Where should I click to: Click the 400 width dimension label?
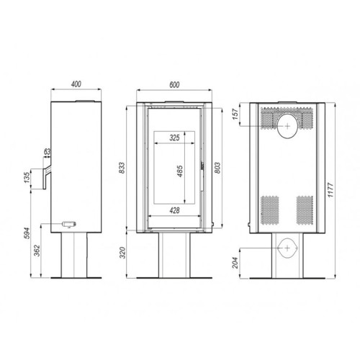click(76, 84)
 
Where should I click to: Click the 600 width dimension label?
click(174, 85)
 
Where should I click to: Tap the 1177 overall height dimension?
click(330, 190)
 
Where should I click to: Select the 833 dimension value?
click(122, 168)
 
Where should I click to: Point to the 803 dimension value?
click(217, 168)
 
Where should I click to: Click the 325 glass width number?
click(174, 138)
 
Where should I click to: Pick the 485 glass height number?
click(180, 171)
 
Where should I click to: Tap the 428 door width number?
click(174, 210)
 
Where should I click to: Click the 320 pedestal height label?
click(122, 253)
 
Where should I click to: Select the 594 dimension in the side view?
click(27, 233)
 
